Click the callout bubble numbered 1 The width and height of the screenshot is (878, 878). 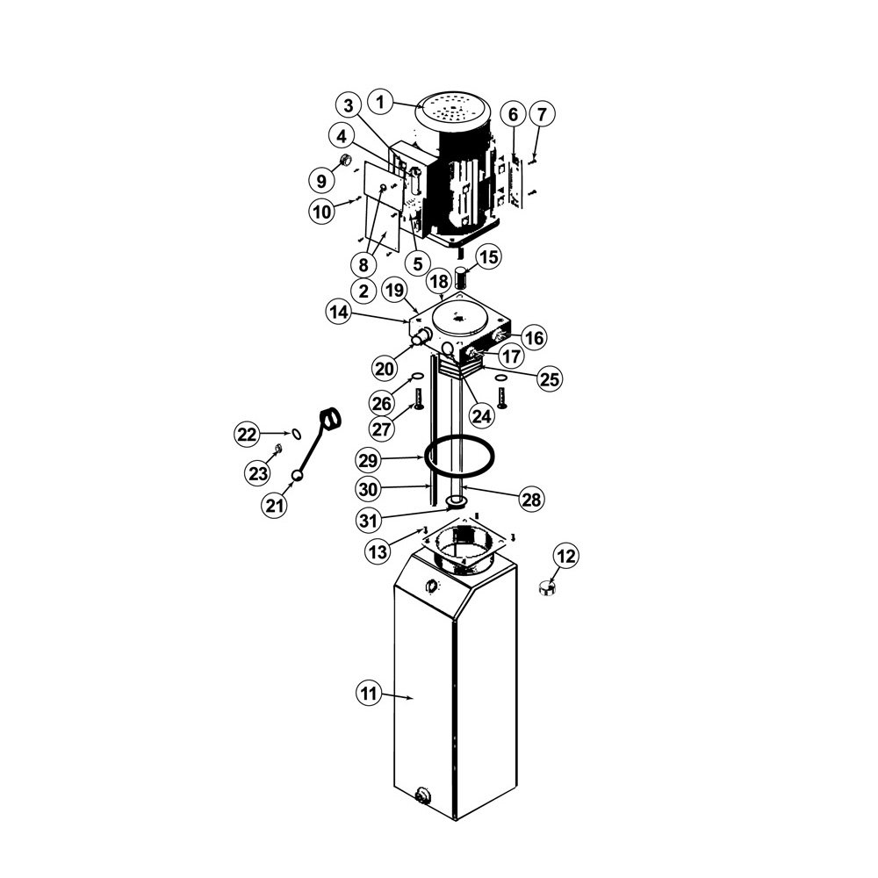[x=381, y=103]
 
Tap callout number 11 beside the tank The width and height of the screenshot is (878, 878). [x=369, y=694]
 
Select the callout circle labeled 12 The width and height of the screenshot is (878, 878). [x=566, y=556]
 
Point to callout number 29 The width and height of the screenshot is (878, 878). [x=369, y=461]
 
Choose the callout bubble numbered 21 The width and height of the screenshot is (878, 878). [x=274, y=506]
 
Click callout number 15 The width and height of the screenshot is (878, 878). [x=489, y=257]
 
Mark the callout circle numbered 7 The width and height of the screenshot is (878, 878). [x=541, y=114]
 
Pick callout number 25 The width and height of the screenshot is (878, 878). [x=550, y=379]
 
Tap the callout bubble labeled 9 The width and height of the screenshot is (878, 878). [x=321, y=180]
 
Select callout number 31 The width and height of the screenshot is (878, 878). [x=369, y=521]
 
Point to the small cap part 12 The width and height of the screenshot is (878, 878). [x=546, y=588]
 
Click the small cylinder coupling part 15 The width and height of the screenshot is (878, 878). [x=460, y=278]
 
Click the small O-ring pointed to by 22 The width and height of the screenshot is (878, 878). [x=296, y=434]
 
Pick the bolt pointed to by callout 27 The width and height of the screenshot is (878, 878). [x=417, y=399]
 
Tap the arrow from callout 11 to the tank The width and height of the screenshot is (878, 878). [x=398, y=696]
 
